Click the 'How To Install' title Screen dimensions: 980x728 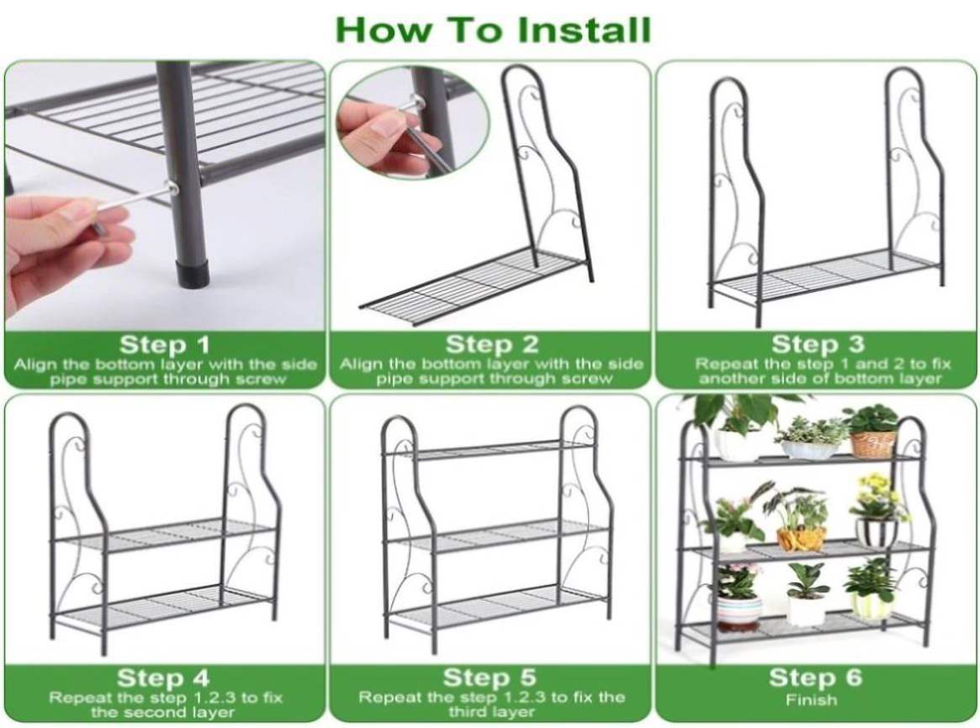click(x=493, y=29)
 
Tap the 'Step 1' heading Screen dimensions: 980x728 click(x=164, y=344)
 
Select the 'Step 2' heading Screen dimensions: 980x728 click(x=491, y=344)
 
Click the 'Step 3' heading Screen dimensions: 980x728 click(x=818, y=344)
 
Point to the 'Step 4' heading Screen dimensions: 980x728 click(x=162, y=678)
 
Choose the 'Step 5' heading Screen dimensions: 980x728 click(x=490, y=678)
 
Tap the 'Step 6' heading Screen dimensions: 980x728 click(x=816, y=678)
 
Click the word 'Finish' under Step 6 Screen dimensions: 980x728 click(x=811, y=700)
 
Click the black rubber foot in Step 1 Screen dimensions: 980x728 click(x=193, y=274)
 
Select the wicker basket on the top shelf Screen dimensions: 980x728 click(x=874, y=444)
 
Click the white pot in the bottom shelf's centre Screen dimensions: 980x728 click(x=806, y=611)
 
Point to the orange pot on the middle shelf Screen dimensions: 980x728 click(x=802, y=539)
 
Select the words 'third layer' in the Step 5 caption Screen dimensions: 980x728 click(x=491, y=712)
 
